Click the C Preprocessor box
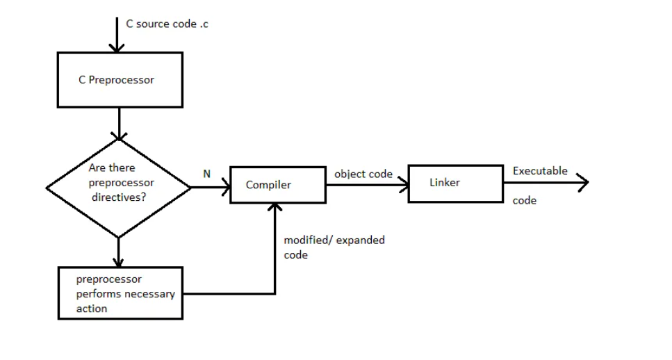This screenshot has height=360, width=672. point(120,80)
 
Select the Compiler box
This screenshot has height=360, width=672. point(277,185)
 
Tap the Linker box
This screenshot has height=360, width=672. point(455,183)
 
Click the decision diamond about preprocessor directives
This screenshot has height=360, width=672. point(118,188)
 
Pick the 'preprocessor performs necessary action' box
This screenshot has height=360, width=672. point(120,293)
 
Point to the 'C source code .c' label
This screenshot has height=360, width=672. point(166,24)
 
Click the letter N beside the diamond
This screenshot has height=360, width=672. point(206,174)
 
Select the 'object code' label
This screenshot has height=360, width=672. point(363,174)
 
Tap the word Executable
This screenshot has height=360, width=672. point(540,171)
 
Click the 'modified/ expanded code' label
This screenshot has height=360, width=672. point(334,247)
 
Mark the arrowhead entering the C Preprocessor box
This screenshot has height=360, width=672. point(117,47)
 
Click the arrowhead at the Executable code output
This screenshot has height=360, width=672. point(583,183)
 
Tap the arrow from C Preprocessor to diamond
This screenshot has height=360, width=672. point(119,123)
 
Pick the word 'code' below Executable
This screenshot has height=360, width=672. point(524,201)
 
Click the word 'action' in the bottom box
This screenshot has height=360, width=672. point(92,309)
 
